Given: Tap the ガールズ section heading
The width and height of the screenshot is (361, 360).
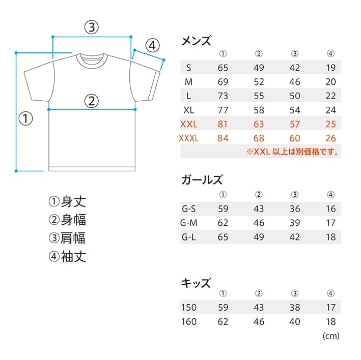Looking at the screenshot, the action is pyautogui.click(x=202, y=180).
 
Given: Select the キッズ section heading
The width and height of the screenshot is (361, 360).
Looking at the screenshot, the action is pyautogui.click(x=196, y=283).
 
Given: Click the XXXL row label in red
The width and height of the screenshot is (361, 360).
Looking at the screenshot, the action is pyautogui.click(x=189, y=138).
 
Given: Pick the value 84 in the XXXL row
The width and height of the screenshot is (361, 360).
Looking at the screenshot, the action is pyautogui.click(x=224, y=138).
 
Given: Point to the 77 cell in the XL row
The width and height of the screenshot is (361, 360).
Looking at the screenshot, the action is pyautogui.click(x=224, y=110).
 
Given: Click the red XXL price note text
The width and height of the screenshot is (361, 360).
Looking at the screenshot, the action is pyautogui.click(x=293, y=152).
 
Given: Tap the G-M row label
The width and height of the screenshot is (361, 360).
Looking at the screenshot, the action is pyautogui.click(x=189, y=222).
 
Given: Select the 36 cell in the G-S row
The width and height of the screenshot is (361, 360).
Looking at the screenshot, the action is pyautogui.click(x=295, y=208).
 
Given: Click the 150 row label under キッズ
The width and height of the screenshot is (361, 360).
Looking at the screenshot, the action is pyautogui.click(x=189, y=307).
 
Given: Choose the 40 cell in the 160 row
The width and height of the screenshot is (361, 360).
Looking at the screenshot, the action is pyautogui.click(x=295, y=321).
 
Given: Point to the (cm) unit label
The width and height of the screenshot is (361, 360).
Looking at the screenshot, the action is pyautogui.click(x=331, y=336).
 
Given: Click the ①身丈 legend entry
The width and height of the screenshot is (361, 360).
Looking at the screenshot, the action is pyautogui.click(x=67, y=201).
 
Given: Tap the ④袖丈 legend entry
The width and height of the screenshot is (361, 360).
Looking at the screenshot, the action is pyautogui.click(x=67, y=256).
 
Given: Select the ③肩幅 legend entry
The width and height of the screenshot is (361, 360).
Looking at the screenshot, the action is pyautogui.click(x=67, y=238).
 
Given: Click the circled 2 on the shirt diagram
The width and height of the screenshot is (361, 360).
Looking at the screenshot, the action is pyautogui.click(x=91, y=101).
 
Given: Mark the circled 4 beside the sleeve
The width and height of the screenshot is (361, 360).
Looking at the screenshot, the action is pyautogui.click(x=152, y=46).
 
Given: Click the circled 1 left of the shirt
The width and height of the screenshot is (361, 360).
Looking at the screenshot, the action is pyautogui.click(x=26, y=118).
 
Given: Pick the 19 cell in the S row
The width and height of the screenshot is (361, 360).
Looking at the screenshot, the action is pyautogui.click(x=330, y=68).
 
